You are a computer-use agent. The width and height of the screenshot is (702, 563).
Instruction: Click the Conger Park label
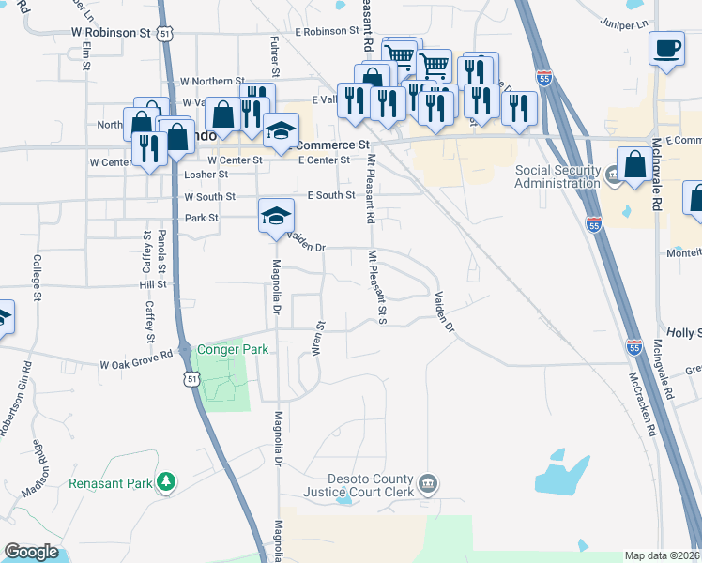pos(233,350)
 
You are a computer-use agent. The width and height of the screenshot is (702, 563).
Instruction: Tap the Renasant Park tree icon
pos(166,482)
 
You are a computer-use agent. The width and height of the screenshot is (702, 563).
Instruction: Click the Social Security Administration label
pos(557,176)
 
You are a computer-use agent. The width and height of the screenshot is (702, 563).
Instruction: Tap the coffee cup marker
pos(666,48)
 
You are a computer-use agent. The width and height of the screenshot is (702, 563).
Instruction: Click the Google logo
pos(31,552)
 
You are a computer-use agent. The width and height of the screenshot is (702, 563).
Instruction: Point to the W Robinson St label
pos(111,32)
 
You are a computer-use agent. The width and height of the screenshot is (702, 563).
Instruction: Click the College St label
pos(37,278)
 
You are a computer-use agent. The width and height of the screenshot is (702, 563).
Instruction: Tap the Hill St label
pos(152,283)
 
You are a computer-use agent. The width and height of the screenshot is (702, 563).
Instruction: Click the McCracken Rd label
pos(641,403)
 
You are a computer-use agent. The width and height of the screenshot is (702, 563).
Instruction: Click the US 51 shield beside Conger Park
pos(191,378)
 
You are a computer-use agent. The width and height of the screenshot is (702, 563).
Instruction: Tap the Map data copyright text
pos(663,555)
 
